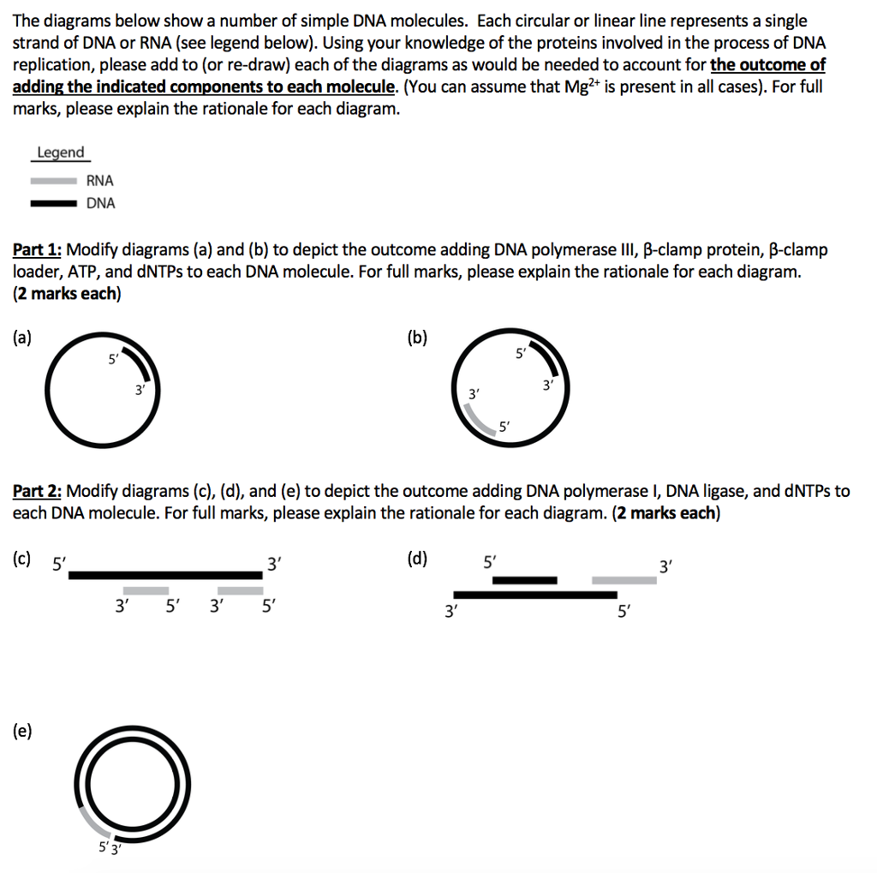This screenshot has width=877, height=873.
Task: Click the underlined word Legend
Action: coord(60,152)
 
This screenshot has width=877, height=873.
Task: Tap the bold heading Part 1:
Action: coord(37,250)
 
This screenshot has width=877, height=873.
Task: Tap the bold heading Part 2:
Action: coord(37,491)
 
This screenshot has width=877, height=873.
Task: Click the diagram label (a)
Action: coord(23,337)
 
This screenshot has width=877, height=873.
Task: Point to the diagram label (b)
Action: coord(417,337)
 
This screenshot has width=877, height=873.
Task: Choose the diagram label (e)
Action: coord(23,731)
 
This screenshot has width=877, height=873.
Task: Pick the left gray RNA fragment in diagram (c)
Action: coord(146,590)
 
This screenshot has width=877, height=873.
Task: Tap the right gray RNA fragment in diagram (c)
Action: coord(240,590)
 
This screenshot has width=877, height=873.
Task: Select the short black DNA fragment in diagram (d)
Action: coord(524,580)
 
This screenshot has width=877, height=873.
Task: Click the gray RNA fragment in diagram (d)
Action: coord(624,580)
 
